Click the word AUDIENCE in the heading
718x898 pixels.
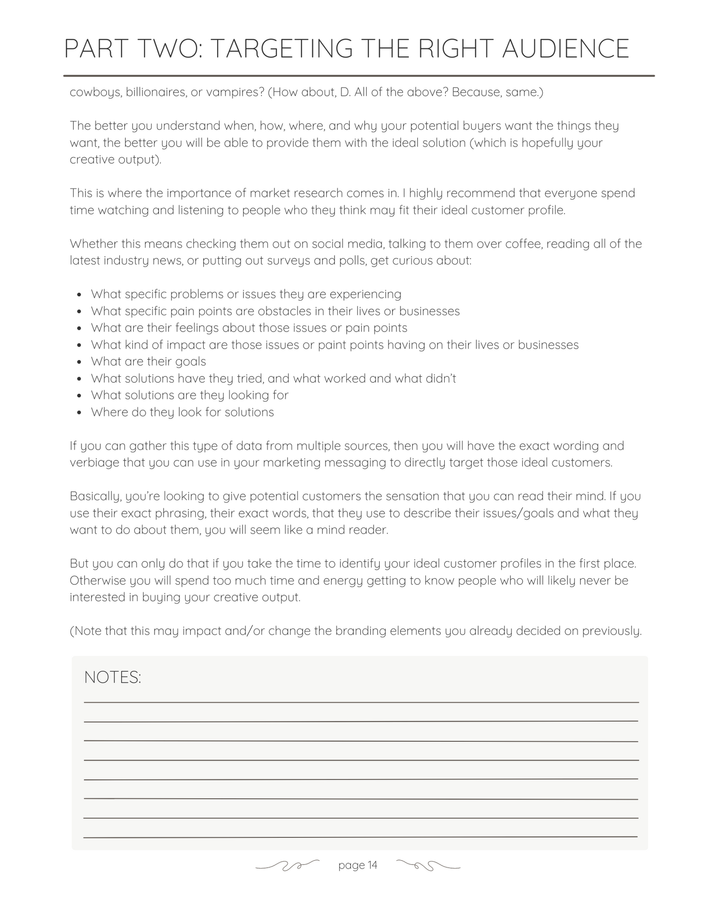pos(565,49)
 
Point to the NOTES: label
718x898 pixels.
pos(113,677)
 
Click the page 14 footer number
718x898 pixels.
pos(358,866)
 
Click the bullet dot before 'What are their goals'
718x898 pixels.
pos(80,362)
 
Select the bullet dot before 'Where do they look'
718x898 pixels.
pos(80,413)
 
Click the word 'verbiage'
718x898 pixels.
pos(94,463)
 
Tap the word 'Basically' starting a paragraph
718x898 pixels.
pos(95,496)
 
